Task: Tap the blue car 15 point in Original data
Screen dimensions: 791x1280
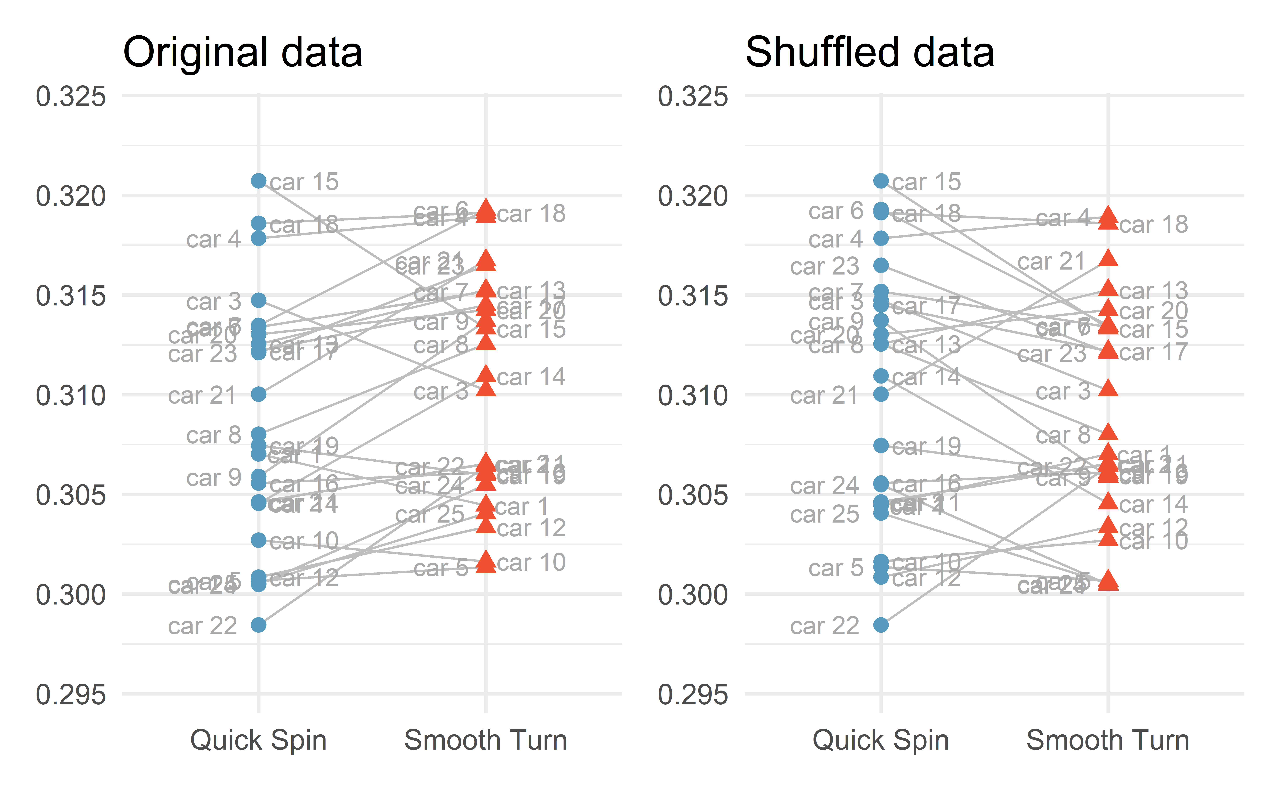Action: click(258, 181)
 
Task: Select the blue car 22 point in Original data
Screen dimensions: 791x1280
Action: click(258, 625)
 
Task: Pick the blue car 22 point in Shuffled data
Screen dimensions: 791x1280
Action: click(881, 625)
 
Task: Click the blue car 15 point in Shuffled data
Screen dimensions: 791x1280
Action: click(881, 181)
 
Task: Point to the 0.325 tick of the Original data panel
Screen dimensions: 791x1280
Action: click(71, 97)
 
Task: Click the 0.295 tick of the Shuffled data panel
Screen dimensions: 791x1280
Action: click(693, 695)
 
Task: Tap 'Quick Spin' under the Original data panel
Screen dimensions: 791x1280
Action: click(258, 740)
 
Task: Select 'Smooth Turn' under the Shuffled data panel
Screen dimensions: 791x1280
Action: click(1107, 740)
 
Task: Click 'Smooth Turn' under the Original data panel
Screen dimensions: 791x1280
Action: click(486, 740)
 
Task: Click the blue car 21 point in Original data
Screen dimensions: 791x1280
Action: click(258, 394)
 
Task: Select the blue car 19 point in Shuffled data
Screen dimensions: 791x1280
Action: click(881, 445)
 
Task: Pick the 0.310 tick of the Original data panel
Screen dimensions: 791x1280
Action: click(71, 395)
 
